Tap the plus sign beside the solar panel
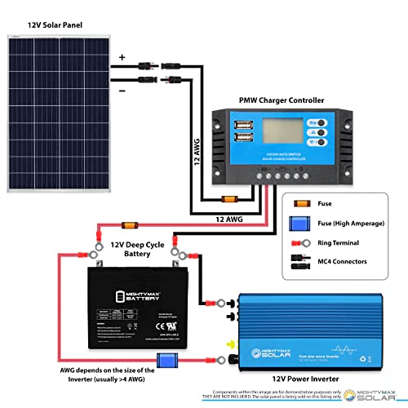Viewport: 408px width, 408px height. click(122, 57)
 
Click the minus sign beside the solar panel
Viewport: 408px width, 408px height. click(122, 91)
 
